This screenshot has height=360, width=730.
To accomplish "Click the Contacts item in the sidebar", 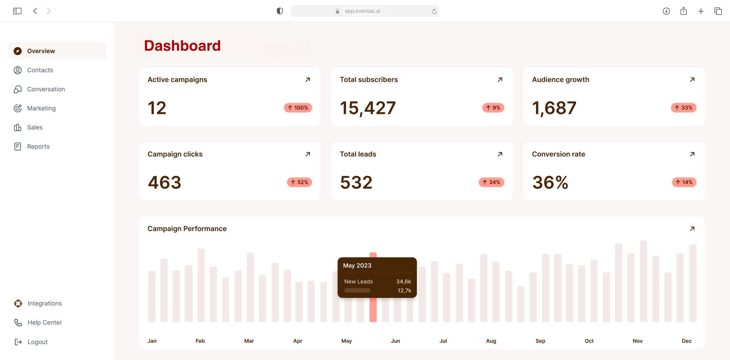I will pos(40,70).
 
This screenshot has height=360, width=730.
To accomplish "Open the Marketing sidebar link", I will pos(41,108).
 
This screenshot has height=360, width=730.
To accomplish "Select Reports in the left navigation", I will pos(38,146).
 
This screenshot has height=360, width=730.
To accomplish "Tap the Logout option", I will pos(37,342).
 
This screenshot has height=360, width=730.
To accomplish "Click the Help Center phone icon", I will pos(18,322).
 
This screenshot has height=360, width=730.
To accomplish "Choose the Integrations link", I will pos(45,303).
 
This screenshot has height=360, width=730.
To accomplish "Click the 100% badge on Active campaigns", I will pos(298,108).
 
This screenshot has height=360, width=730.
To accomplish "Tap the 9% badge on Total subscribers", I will pos(493,108).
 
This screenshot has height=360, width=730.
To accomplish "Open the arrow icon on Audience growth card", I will pos(692,80).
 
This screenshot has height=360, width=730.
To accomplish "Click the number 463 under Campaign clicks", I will pos(165,183).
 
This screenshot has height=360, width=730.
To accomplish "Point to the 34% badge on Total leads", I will pos(491,182).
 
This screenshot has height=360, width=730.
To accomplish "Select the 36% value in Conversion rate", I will pos(550,183).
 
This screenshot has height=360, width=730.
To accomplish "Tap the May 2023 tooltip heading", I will pos(357,265).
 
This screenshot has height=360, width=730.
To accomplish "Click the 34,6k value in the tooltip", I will pos(404,282).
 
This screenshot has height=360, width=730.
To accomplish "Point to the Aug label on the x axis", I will pos(491,341).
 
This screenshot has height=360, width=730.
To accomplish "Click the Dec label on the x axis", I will pos(686,341).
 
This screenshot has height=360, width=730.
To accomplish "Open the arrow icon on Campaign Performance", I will pos(692,229).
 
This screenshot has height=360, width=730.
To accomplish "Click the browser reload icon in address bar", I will pos(434,11).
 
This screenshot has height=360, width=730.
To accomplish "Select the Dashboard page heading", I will pos(182,46).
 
